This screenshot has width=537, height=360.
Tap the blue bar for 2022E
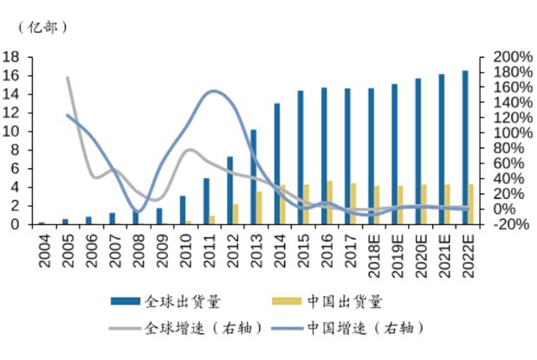tap(464, 147)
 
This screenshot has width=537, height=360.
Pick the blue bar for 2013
tap(253, 177)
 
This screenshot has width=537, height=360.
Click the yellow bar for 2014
tap(283, 205)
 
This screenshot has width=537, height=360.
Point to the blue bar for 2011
tap(206, 202)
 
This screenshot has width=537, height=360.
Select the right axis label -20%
tap(510, 224)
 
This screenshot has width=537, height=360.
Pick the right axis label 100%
tap(511, 133)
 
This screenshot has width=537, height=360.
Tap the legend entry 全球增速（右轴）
tap(190, 328)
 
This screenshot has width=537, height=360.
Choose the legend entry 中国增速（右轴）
tap(364, 328)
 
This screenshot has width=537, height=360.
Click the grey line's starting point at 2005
tap(68, 78)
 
